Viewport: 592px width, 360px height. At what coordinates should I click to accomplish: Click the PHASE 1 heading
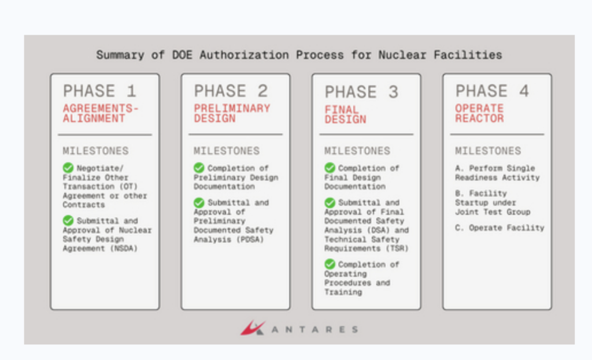coord(99,91)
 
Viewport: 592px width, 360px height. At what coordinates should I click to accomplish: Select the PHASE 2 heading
coord(231,91)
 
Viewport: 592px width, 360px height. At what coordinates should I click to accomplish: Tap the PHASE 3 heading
coord(361,92)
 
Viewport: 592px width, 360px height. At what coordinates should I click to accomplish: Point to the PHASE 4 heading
coord(492,91)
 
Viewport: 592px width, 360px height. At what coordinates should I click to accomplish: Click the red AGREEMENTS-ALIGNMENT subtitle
coord(101,113)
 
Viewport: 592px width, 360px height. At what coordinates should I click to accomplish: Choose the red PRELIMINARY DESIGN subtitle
coord(232,113)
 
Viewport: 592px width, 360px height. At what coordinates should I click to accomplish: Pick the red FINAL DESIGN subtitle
coord(345,114)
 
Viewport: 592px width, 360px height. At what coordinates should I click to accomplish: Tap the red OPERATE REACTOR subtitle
coord(479,113)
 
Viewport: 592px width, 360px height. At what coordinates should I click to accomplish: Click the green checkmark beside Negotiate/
coord(68,168)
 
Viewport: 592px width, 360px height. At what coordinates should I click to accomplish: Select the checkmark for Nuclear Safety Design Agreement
coord(68,220)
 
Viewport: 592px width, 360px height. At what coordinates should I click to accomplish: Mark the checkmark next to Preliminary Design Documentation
coord(199,168)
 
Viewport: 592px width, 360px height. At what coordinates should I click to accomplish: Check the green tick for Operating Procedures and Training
coord(330,263)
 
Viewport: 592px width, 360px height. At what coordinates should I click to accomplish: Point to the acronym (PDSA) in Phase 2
coord(250,239)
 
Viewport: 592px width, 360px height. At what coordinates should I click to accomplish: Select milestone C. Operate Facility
coord(499,228)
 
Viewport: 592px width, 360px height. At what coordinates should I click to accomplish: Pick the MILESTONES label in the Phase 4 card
coord(488,151)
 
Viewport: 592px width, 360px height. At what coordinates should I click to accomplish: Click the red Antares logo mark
coord(253,328)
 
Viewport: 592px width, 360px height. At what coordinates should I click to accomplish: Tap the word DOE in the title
coord(182,55)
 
